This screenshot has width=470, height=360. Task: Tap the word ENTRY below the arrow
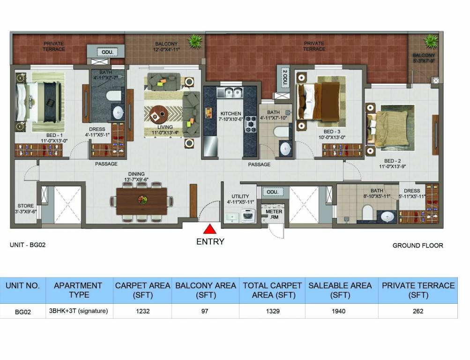coord(210,242)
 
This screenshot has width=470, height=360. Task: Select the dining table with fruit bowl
coord(142,200)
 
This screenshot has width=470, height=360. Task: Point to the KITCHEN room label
coord(231,114)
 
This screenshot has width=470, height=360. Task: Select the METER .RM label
coord(274,215)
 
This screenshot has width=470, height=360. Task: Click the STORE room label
coord(26,205)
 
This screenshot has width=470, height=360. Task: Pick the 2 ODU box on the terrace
coord(284,77)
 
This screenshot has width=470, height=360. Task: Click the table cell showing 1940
coord(341,311)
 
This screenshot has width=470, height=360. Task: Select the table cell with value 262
coord(418,311)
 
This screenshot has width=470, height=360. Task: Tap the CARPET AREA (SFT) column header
coord(142,290)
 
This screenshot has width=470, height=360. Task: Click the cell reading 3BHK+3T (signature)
coord(79,311)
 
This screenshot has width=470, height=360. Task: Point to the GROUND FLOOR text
coord(418,245)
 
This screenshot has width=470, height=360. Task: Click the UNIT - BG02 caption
coord(28,245)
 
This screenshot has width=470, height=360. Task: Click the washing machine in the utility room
coord(247,216)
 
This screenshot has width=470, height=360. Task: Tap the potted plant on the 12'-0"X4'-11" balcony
coord(194,41)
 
